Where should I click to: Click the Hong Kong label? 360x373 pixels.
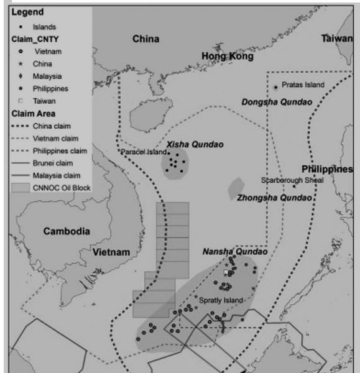[228, 57]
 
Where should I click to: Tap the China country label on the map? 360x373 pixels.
[145, 39]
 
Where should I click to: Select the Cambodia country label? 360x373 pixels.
[67, 231]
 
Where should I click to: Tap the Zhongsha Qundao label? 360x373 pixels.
[273, 198]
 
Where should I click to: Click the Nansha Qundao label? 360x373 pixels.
[234, 252]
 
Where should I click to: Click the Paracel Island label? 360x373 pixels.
[142, 151]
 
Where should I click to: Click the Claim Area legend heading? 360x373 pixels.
[32, 114]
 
